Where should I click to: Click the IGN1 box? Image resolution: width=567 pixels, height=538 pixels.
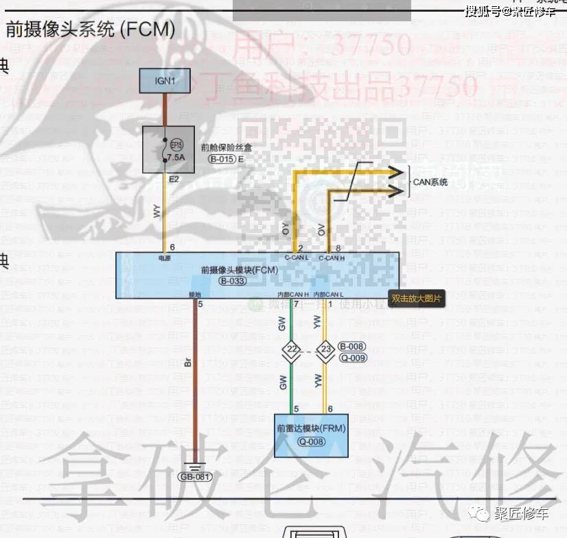pyautogui.click(x=165, y=81)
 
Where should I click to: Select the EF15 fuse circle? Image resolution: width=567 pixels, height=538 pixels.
pyautogui.click(x=176, y=146)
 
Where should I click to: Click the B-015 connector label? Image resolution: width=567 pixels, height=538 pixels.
pyautogui.click(x=222, y=158)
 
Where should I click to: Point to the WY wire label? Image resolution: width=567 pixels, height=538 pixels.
pyautogui.click(x=157, y=212)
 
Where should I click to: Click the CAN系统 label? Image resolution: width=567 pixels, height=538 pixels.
pyautogui.click(x=430, y=182)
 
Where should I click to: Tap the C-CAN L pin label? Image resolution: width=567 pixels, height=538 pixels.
pyautogui.click(x=297, y=258)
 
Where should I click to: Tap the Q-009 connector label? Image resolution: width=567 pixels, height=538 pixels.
pyautogui.click(x=353, y=358)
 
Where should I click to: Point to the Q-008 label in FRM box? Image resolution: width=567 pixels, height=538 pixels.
pyautogui.click(x=311, y=441)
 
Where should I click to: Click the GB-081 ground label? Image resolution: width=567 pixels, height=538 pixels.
pyautogui.click(x=195, y=477)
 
